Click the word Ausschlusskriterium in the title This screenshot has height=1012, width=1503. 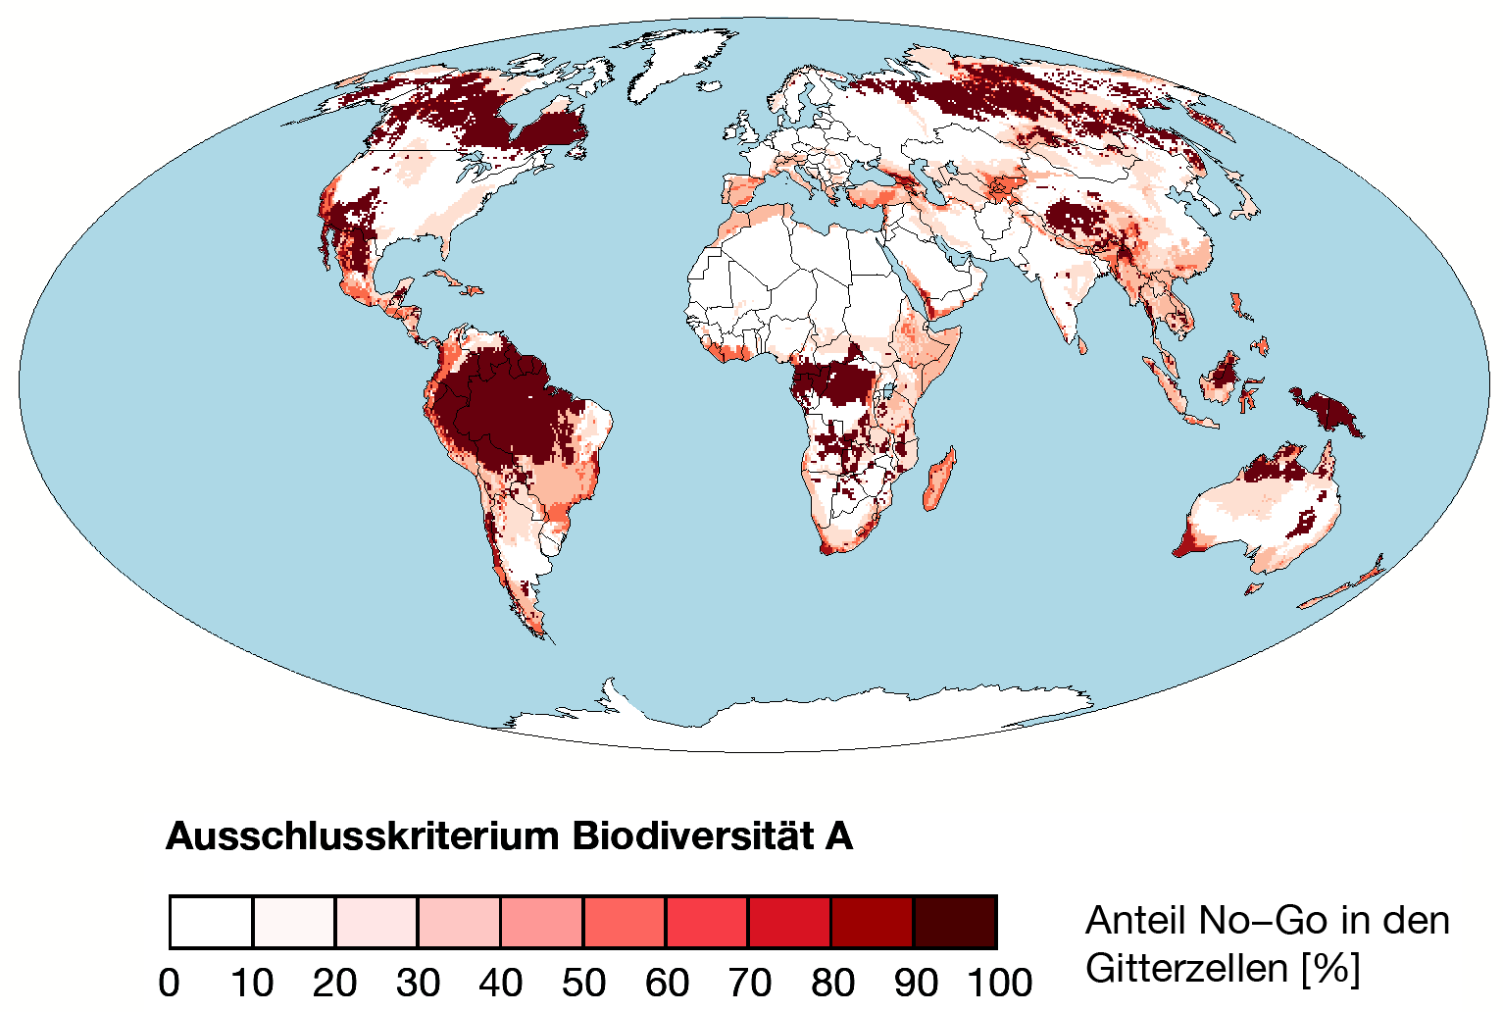363,836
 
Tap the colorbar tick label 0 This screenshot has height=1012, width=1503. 170,982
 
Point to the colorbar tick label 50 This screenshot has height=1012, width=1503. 583,982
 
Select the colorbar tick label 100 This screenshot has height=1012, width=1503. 999,982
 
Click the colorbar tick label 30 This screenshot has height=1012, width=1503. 418,982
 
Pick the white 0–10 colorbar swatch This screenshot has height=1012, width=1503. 212,922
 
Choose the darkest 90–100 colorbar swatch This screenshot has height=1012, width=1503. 955,922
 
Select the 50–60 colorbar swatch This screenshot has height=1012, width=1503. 625,922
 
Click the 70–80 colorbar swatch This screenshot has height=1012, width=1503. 789,922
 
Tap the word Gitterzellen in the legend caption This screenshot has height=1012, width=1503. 1186,969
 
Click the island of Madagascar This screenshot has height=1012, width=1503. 938,480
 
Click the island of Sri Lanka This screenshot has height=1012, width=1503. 1083,345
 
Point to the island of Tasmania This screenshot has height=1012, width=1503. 1253,588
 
